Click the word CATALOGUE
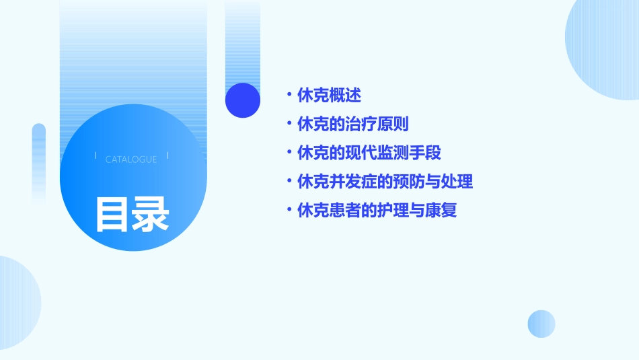131,159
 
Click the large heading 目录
132,213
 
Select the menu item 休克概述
329,96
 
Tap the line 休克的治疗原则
352,124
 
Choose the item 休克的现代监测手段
369,153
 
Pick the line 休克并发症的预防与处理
385,182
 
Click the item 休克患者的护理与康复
377,210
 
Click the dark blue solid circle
242,100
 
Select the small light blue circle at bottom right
541,324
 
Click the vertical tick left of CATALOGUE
96,156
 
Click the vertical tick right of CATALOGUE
167,156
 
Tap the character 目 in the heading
112,213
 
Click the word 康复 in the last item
441,210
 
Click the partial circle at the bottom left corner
17,303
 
